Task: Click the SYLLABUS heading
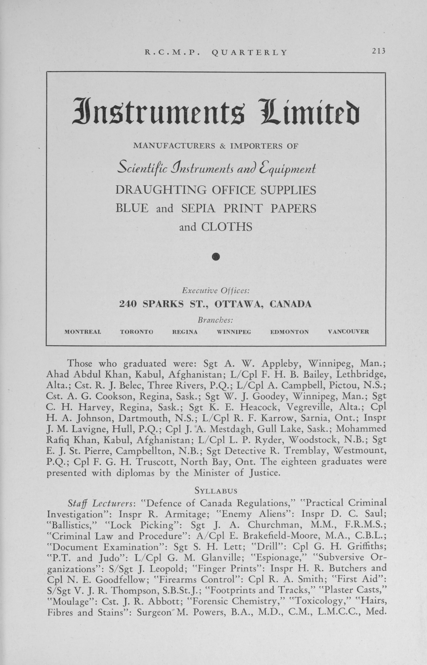(216, 491)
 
